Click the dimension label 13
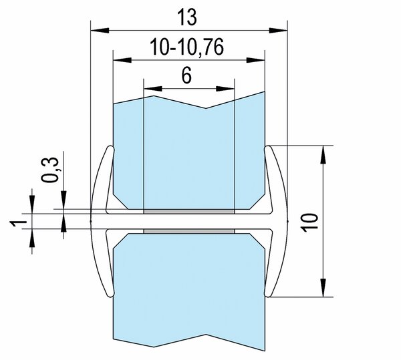[x=187, y=17]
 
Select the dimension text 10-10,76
[x=186, y=47]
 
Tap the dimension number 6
[x=186, y=75]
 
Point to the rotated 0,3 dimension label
[x=50, y=170]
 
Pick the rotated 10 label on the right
[x=309, y=222]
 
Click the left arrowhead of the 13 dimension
[x=100, y=30]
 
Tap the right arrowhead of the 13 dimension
[x=278, y=30]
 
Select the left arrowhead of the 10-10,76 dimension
[x=122, y=60]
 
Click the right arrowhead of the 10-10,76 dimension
[x=255, y=60]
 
